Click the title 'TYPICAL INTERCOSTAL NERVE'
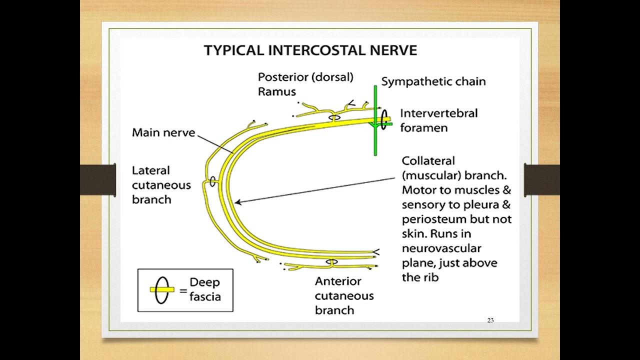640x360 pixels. [x=310, y=50]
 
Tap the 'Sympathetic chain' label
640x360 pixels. [x=433, y=81]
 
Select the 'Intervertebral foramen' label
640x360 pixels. [x=439, y=120]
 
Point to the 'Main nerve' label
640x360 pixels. [x=163, y=132]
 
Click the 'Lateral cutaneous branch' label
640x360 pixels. [x=161, y=185]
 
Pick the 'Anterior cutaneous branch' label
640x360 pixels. [x=344, y=295]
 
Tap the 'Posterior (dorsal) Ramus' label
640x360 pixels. [x=305, y=84]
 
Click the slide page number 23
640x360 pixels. [x=490, y=320]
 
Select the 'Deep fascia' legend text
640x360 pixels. [x=205, y=289]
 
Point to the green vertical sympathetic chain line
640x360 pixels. [x=375, y=120]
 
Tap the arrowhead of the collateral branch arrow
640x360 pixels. [x=237, y=202]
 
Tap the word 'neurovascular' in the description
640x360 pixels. [x=441, y=248]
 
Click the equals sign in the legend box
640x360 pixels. [x=183, y=291]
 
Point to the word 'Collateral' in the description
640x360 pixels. [x=428, y=161]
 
